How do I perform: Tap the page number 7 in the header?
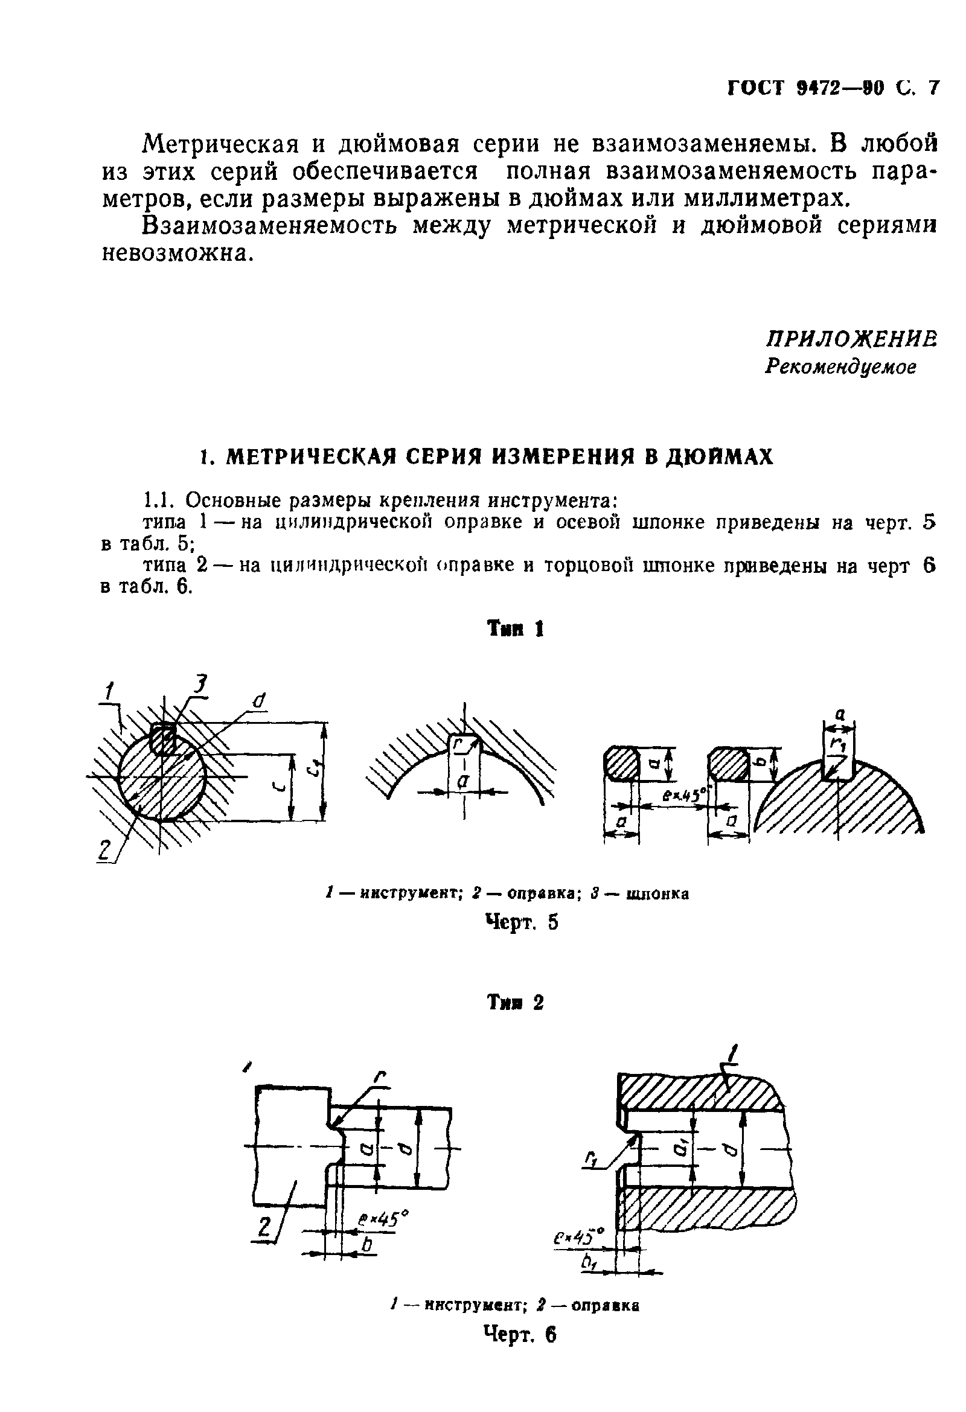point(933,88)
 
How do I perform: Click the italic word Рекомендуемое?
point(840,366)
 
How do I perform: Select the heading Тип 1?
point(515,629)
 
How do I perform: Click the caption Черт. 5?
point(521,922)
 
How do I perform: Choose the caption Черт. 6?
point(519,1334)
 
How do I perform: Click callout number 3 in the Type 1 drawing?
point(199,685)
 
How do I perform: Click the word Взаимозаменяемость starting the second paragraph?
point(270,226)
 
